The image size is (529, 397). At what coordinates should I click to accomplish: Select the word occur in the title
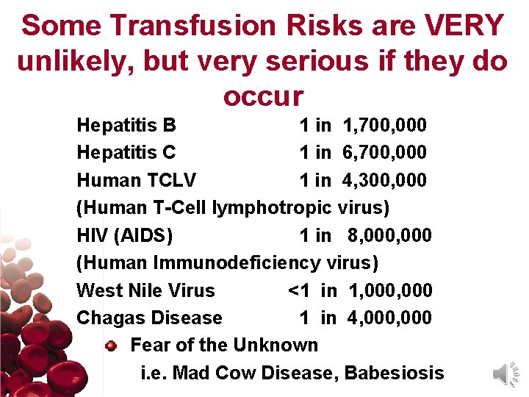point(263,96)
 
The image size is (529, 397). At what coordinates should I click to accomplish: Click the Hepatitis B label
point(126,125)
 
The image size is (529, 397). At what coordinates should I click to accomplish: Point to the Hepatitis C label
point(126,152)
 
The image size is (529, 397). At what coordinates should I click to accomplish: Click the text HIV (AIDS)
point(125,235)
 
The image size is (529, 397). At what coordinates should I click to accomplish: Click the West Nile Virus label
point(145,290)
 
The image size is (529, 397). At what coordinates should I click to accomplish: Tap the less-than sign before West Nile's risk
point(293,290)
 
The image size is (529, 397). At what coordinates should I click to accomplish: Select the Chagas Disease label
point(149,318)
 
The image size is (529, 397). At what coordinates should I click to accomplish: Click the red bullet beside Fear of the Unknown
point(111,345)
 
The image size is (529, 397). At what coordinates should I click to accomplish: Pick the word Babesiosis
point(394,373)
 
